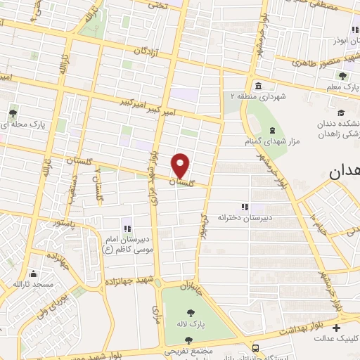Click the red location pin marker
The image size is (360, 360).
click(181, 165)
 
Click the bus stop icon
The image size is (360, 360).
click(255, 347)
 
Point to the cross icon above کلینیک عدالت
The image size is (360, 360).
click(336, 328)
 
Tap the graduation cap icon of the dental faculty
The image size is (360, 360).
click(341, 112)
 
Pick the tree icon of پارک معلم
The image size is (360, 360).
click(342, 76)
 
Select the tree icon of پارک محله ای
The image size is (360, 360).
click(13, 112)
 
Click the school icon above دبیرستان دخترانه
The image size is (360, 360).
click(245, 207)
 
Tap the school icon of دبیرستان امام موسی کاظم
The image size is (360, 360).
click(128, 227)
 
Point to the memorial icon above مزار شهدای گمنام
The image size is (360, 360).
click(272, 131)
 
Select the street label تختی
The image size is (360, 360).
click(158, 4)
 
